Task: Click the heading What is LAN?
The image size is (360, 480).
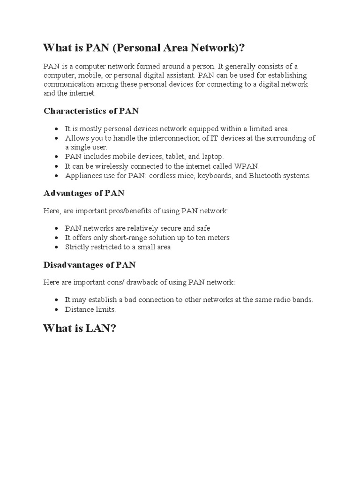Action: (79, 328)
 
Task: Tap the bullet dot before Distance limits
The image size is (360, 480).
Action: (56, 310)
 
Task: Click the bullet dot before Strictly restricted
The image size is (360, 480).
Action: (56, 247)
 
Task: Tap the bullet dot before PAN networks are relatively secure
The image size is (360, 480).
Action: (56, 228)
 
